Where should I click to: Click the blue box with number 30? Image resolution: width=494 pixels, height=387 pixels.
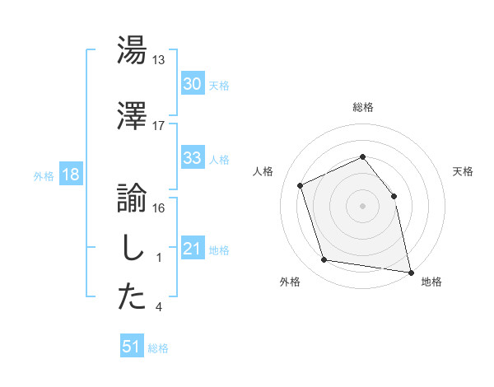[193, 84]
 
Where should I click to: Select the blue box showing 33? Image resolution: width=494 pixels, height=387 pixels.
[193, 158]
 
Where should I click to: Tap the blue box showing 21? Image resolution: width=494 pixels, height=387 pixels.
[193, 249]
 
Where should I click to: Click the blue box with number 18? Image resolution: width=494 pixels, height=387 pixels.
[70, 175]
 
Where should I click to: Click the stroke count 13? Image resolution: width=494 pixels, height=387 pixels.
[159, 59]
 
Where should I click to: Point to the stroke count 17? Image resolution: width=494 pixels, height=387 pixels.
[159, 125]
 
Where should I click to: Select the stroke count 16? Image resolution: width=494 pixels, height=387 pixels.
[159, 207]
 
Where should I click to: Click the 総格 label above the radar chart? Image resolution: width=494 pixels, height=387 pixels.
[363, 107]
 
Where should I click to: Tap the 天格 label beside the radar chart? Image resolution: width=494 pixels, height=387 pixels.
[463, 171]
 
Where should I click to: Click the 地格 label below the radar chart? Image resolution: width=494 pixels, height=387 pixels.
[431, 282]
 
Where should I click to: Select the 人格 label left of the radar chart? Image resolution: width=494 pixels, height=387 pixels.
[263, 171]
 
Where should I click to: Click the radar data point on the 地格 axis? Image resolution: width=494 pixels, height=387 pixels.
[409, 271]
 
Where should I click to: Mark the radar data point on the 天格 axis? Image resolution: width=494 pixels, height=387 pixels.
[394, 196]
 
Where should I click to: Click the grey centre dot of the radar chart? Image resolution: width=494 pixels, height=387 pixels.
[362, 206]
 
